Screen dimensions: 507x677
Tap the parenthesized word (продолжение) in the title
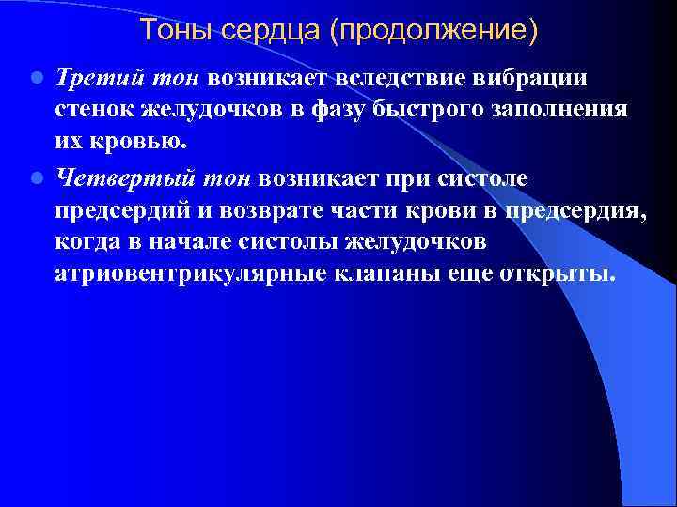coord(433,32)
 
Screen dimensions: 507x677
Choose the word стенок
coord(92,108)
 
